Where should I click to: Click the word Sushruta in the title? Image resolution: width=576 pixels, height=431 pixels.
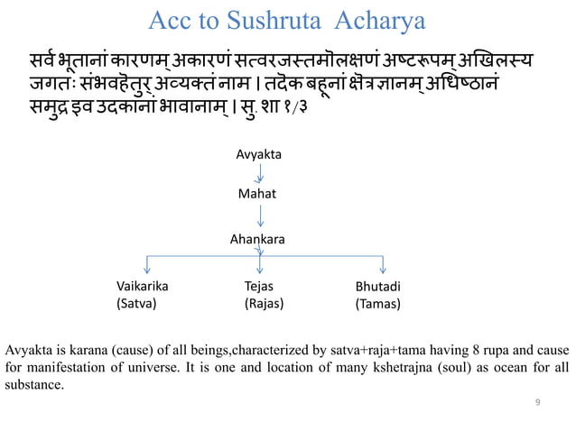[257, 20]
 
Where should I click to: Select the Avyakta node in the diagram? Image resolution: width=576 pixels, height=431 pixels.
[258, 154]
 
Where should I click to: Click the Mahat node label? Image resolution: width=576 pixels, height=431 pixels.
[258, 194]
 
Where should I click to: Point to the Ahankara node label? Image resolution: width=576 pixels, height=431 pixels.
[258, 240]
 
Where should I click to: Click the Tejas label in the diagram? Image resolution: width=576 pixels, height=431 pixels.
[260, 287]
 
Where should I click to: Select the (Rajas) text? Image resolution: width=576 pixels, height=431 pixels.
[264, 304]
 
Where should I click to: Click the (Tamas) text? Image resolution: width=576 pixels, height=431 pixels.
[378, 304]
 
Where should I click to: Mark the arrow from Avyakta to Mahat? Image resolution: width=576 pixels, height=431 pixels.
[260, 174]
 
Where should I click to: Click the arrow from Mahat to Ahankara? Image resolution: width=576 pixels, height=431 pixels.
[260, 216]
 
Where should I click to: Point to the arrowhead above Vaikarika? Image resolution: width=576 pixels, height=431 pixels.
[146, 270]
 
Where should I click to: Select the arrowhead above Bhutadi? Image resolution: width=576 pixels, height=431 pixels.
[384, 270]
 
